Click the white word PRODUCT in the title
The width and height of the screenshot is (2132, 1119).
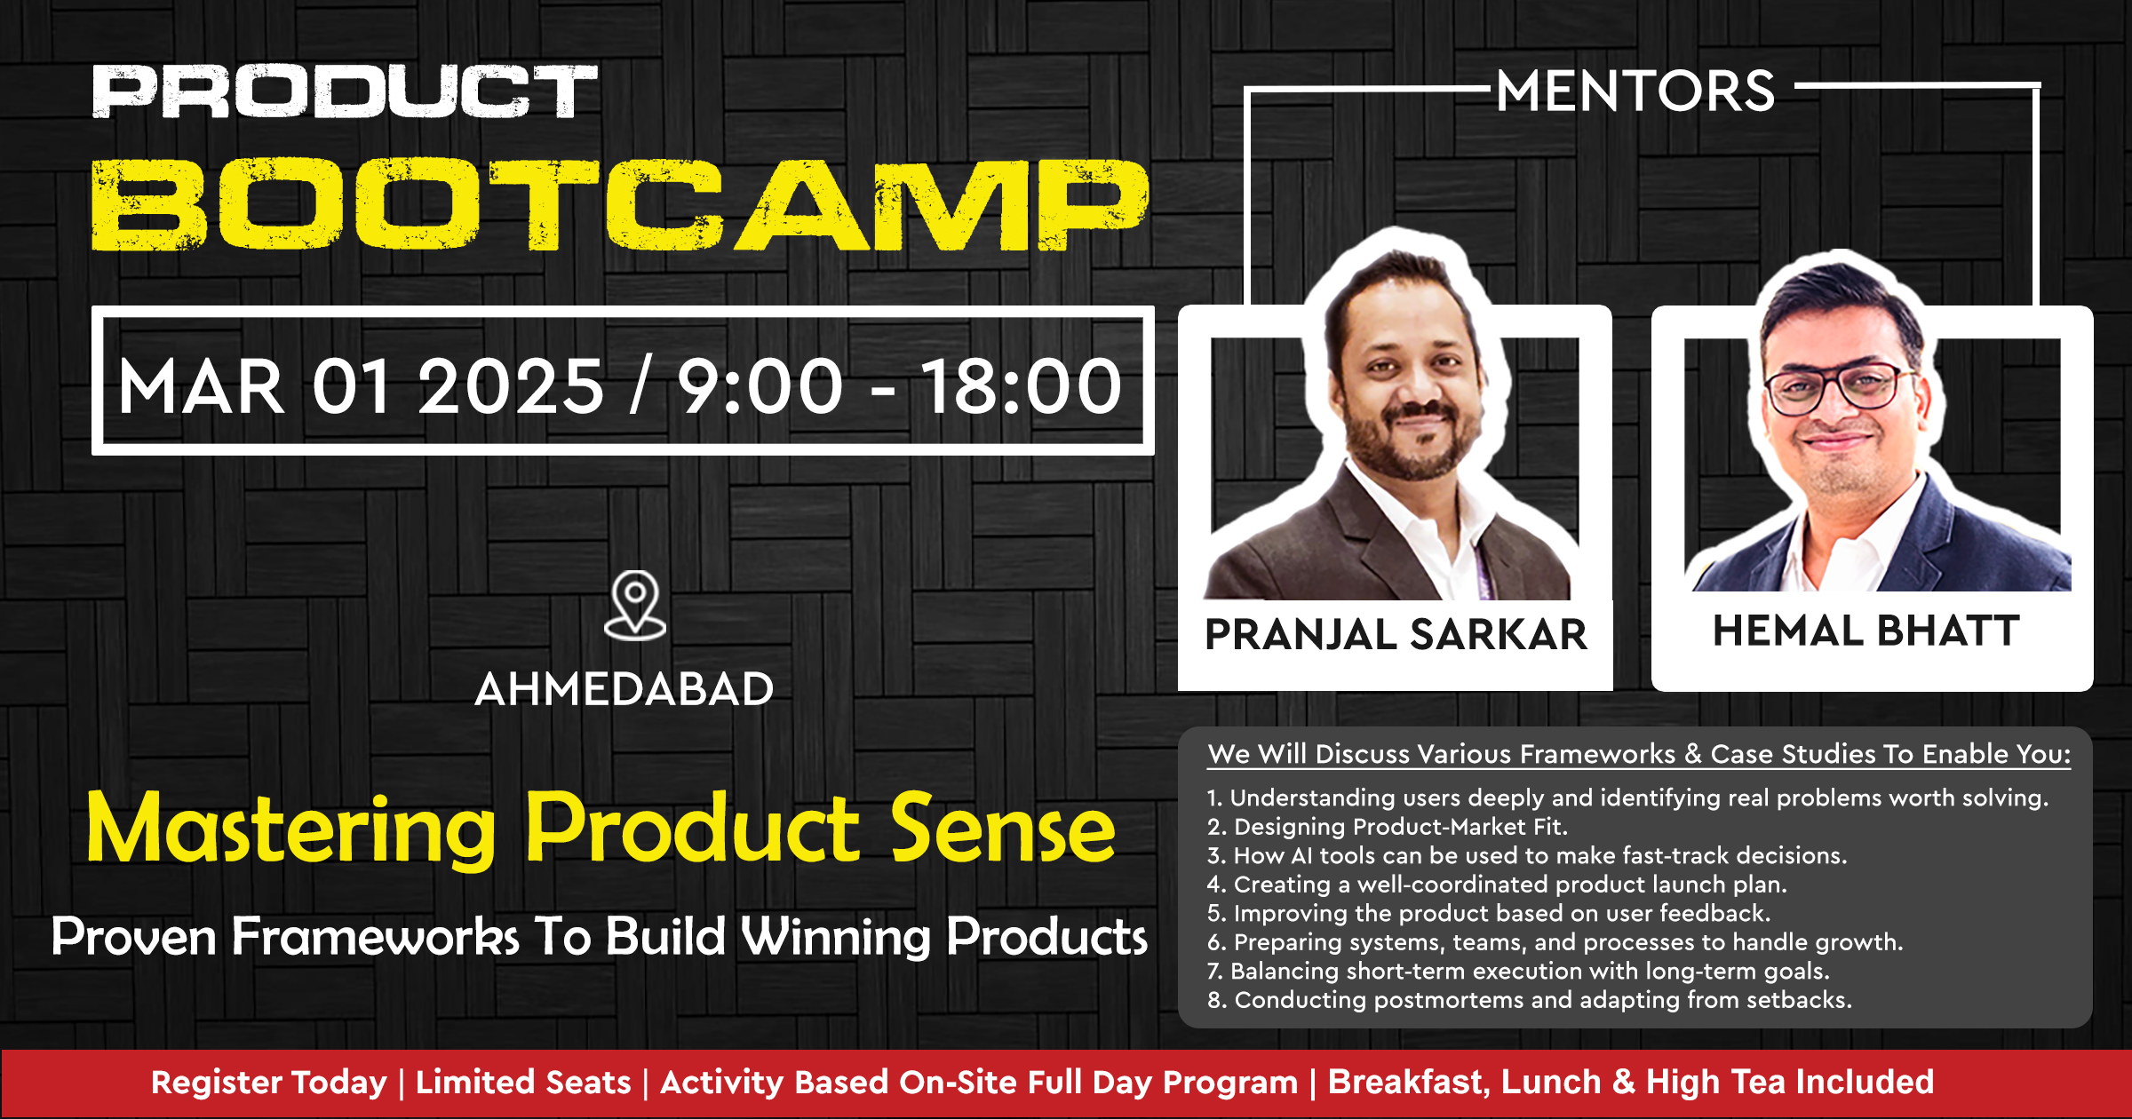click(345, 91)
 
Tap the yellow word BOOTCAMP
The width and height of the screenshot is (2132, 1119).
click(620, 205)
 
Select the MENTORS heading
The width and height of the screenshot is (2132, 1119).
click(1635, 91)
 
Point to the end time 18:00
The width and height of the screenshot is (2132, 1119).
click(1022, 386)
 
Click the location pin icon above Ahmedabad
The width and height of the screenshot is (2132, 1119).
click(634, 605)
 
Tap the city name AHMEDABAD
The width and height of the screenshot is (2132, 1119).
click(624, 689)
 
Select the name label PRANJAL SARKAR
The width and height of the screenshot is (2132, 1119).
click(1396, 634)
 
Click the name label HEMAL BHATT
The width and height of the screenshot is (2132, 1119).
click(1866, 631)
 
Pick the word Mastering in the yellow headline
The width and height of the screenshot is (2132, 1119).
click(291, 829)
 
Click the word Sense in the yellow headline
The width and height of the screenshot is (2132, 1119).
click(1003, 829)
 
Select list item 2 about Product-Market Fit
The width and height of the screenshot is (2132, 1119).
click(1388, 827)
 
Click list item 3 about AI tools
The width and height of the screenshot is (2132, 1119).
click(1527, 855)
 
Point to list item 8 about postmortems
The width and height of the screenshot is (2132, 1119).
click(1530, 1000)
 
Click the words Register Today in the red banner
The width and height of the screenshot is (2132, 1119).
click(269, 1083)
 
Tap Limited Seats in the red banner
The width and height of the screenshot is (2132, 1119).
click(523, 1083)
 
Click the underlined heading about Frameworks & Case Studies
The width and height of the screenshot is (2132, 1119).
click(1639, 754)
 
